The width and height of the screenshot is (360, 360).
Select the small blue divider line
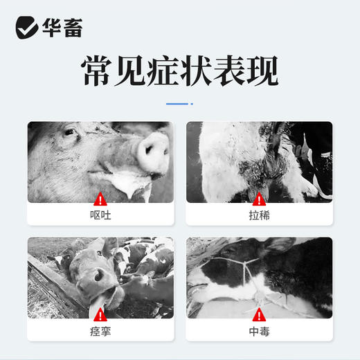(x=179, y=104)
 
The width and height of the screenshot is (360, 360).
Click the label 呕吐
(x=101, y=215)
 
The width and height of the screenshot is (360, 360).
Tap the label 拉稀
(x=260, y=215)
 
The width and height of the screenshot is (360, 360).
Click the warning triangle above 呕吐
(x=101, y=197)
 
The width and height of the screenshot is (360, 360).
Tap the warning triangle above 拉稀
(x=260, y=197)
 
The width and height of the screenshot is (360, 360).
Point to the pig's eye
(x=70, y=132)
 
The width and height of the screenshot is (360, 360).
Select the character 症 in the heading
(x=138, y=71)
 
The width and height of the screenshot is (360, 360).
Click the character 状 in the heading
(x=179, y=71)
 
